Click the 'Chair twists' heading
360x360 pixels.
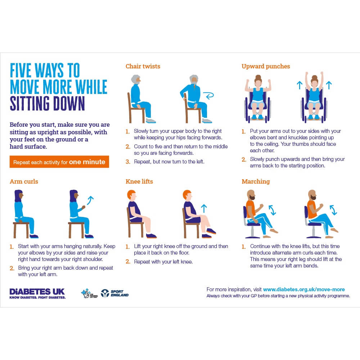pyautogui.click(x=143, y=66)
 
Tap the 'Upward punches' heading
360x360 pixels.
pyautogui.click(x=265, y=66)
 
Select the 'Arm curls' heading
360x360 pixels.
pyautogui.click(x=24, y=181)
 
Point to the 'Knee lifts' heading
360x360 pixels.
pyautogui.click(x=139, y=181)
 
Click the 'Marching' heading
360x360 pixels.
pyautogui.click(x=256, y=181)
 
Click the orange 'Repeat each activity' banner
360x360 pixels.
pyautogui.click(x=59, y=162)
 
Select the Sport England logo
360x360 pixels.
pyautogui.click(x=114, y=293)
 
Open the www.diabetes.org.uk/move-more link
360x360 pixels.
pyautogui.click(x=304, y=289)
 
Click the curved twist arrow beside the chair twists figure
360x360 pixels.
pyautogui.click(x=208, y=95)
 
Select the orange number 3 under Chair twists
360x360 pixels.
pyautogui.click(x=127, y=162)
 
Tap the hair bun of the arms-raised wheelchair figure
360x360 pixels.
pyautogui.click(x=314, y=77)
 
